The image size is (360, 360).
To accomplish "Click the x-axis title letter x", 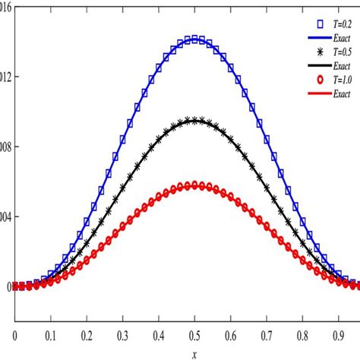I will click(195, 353).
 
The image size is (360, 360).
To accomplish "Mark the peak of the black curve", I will click(195, 120).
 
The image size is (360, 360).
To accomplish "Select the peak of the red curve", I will click(195, 185).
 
